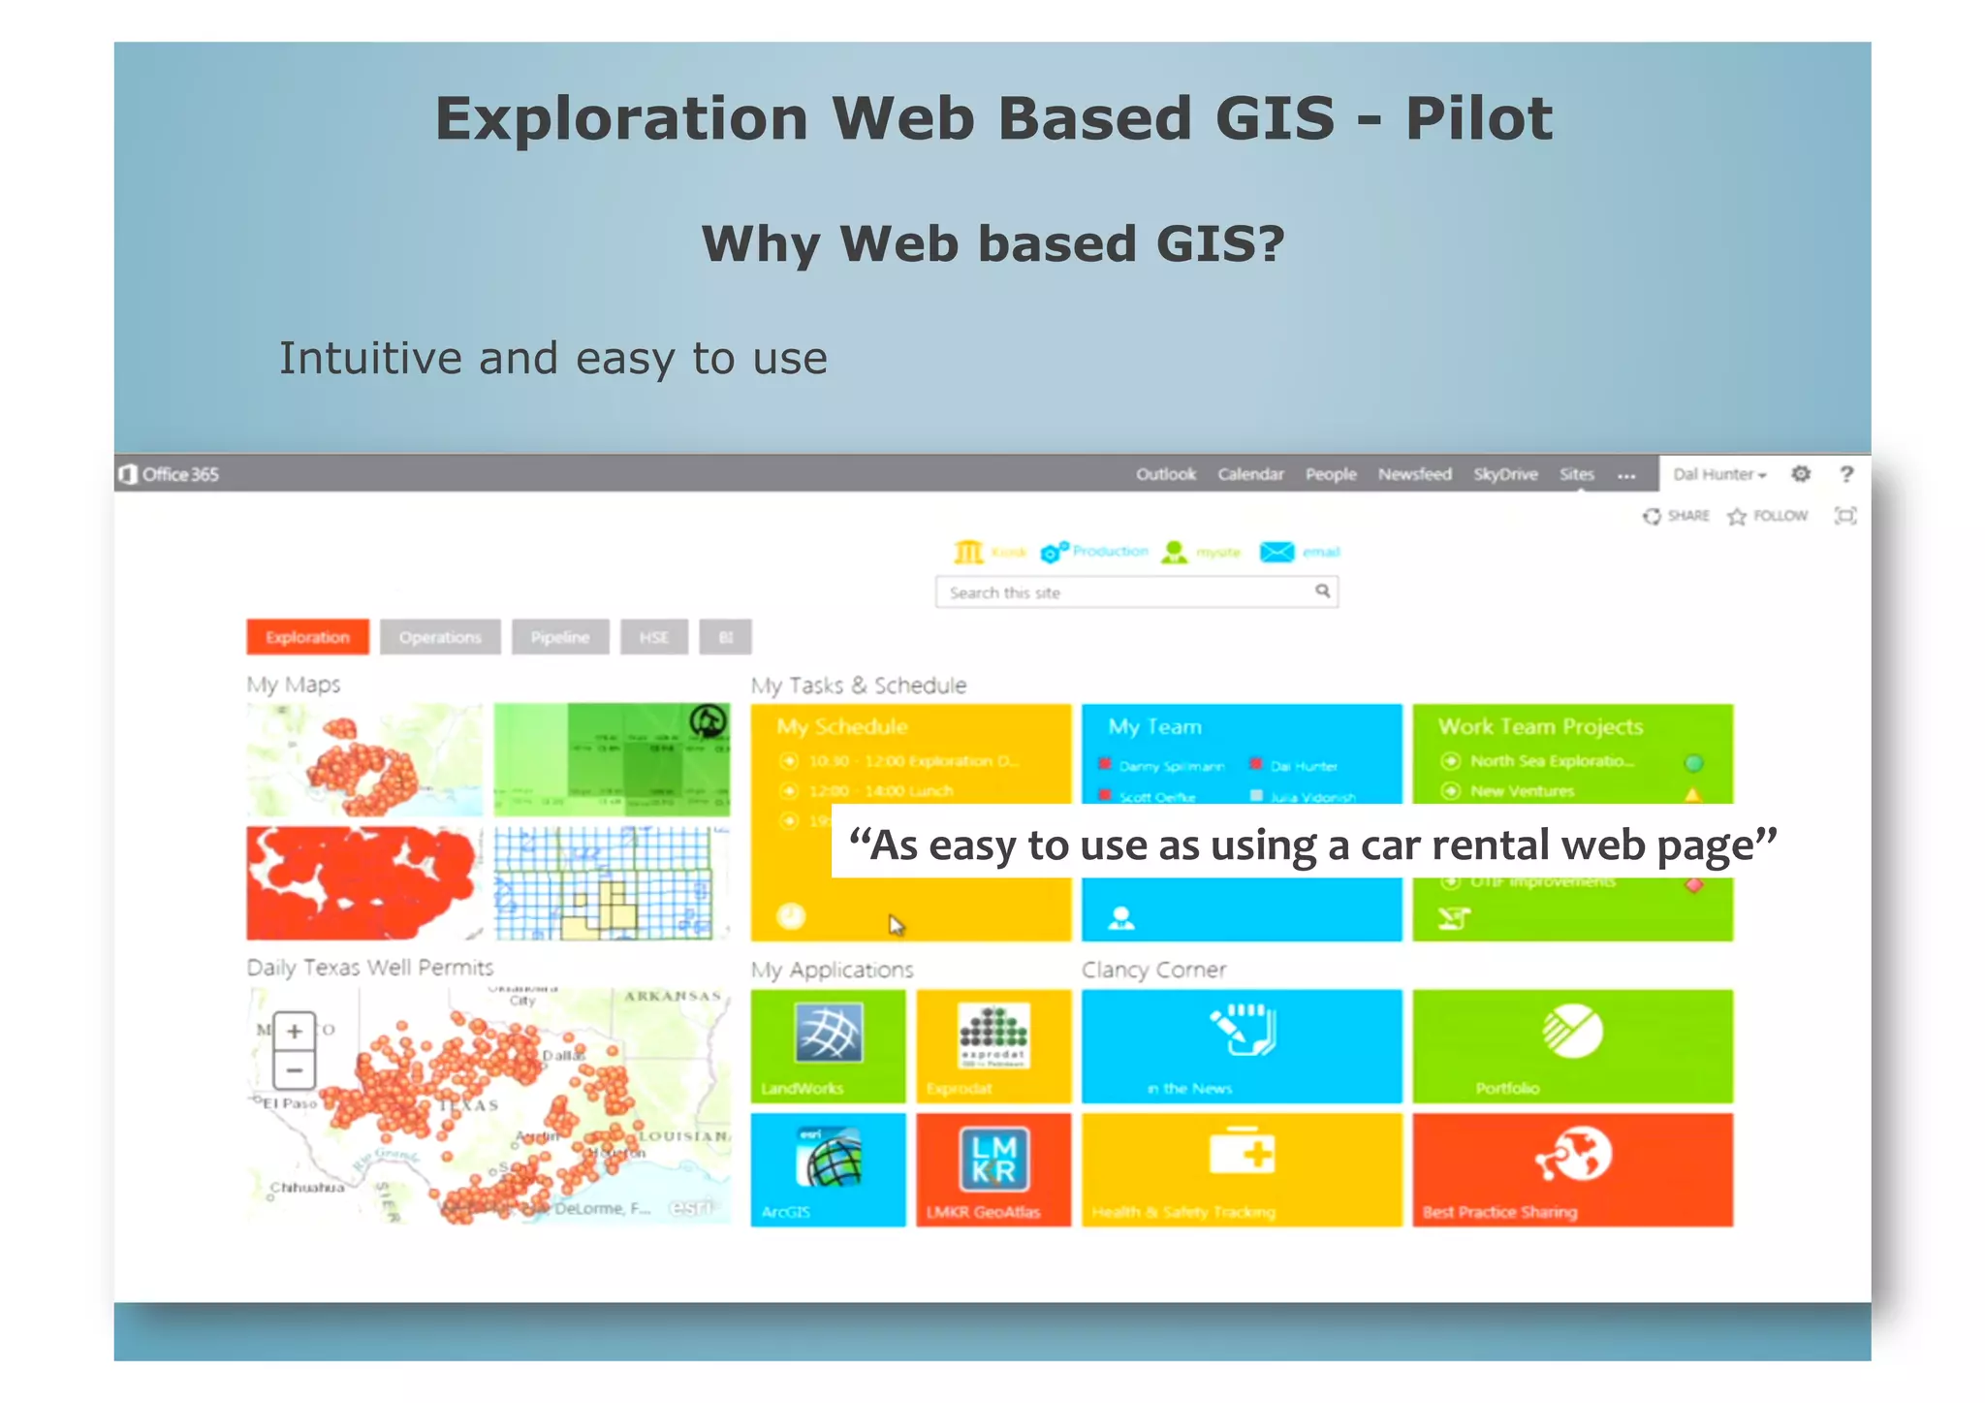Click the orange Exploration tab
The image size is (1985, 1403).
[x=307, y=637]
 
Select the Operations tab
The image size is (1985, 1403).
[x=440, y=637]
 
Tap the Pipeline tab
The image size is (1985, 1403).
[x=560, y=637]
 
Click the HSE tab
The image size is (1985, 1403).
[x=654, y=637]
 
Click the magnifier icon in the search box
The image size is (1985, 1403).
[x=1322, y=590]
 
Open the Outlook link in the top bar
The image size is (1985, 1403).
[x=1165, y=474]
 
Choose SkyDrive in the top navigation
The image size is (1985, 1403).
[x=1504, y=474]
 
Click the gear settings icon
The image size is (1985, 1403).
[x=1800, y=474]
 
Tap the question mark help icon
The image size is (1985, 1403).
[x=1846, y=474]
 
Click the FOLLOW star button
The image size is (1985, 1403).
[x=1768, y=516]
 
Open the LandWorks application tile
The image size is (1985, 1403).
[x=828, y=1045]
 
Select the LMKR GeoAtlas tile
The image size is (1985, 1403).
[x=993, y=1169]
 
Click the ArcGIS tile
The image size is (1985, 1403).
[x=828, y=1169]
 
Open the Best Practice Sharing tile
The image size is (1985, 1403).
[x=1571, y=1169]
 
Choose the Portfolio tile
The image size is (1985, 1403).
[x=1571, y=1045]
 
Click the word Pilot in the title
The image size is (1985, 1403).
[x=1478, y=119]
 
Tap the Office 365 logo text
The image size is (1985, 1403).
[x=171, y=474]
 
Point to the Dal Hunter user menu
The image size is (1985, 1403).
[x=1718, y=474]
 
